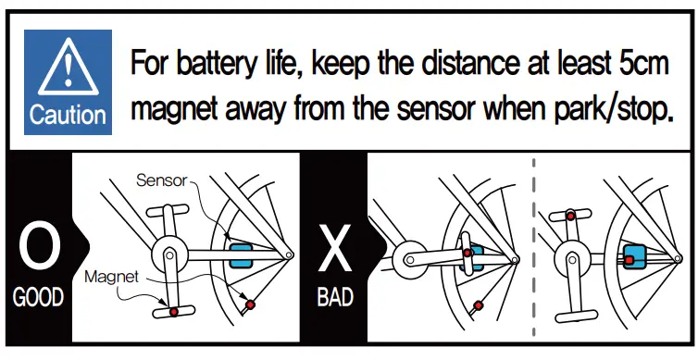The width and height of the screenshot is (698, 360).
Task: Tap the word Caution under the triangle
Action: (68, 115)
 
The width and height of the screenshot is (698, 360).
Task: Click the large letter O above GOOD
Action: (39, 249)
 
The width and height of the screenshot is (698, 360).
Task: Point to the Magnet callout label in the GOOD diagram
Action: (111, 276)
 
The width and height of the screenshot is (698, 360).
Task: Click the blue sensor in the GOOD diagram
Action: (240, 256)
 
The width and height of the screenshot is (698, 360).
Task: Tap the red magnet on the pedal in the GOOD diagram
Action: (173, 312)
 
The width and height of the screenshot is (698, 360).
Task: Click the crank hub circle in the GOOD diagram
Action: (168, 251)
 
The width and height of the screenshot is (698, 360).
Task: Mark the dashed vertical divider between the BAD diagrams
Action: (534, 250)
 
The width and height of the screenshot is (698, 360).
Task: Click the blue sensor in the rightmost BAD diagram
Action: (634, 255)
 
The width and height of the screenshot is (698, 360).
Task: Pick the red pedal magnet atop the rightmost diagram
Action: (571, 215)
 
